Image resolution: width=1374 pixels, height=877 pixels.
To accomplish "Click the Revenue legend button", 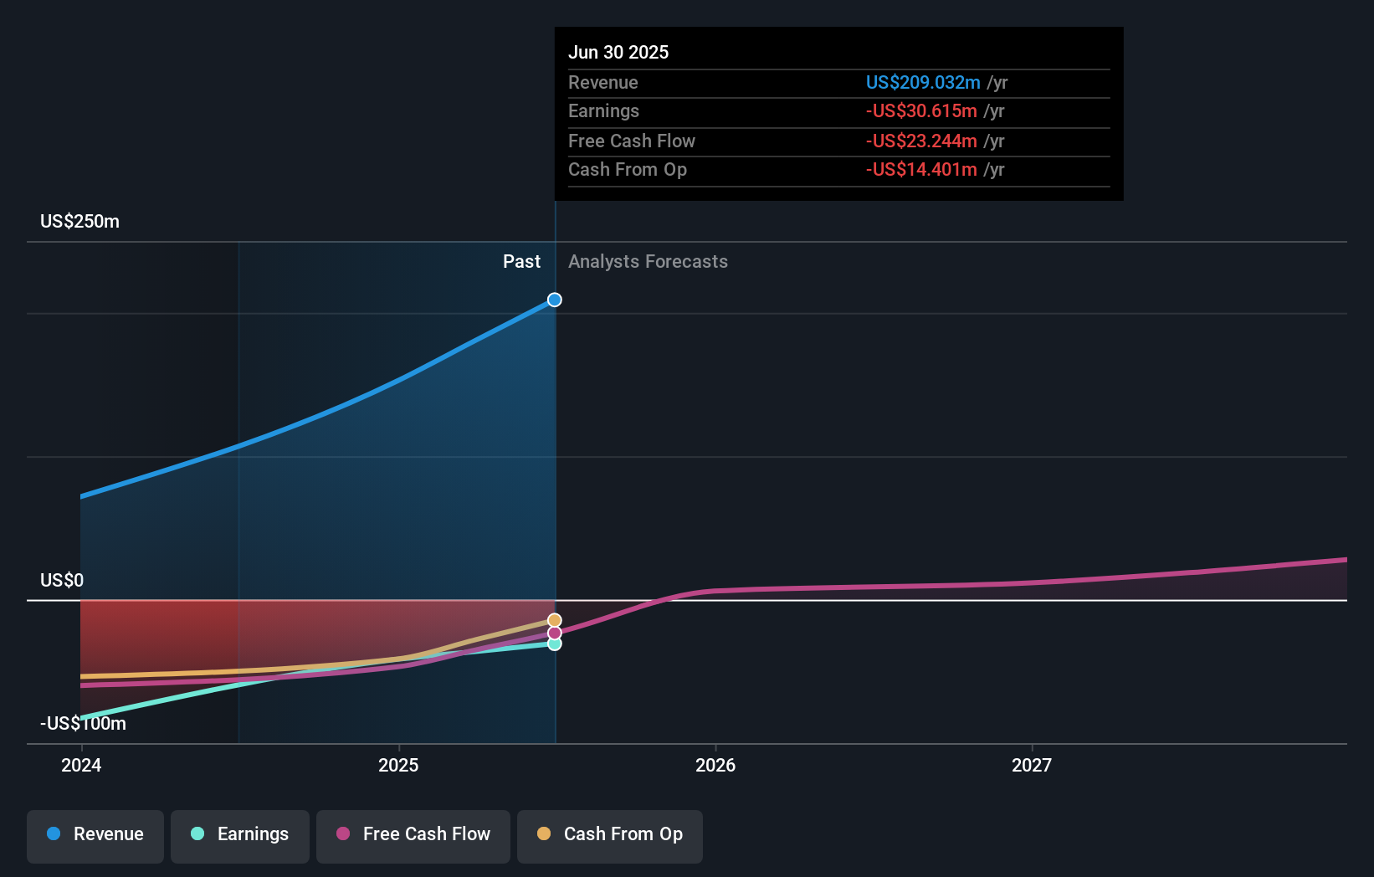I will coord(95,834).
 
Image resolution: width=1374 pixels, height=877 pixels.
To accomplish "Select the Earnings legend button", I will coord(240,834).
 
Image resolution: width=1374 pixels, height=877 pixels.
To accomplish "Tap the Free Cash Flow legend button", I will coord(413,834).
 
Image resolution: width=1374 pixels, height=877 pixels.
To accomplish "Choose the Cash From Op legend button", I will coord(610,834).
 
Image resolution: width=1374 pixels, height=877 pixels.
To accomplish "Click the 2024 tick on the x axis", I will coord(81,765).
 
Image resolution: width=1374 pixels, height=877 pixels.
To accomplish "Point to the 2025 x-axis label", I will coord(398,765).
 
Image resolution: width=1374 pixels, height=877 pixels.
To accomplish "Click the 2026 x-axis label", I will coord(715,765).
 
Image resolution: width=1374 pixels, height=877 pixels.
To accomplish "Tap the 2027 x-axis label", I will coord(1032,765).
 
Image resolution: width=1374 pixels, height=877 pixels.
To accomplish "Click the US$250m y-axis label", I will coord(79,222).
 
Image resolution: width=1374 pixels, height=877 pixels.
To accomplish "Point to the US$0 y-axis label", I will coord(62,581).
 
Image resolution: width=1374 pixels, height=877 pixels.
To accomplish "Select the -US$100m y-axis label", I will coord(83,724).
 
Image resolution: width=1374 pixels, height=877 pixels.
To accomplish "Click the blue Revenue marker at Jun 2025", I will coord(555,300).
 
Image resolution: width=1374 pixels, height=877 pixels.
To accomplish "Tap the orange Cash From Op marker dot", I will coord(555,620).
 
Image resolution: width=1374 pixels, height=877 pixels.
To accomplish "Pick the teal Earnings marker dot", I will coord(555,644).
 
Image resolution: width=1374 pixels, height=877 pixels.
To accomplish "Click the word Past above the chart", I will coord(521,262).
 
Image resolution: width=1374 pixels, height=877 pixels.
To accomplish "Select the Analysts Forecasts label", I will coord(648,262).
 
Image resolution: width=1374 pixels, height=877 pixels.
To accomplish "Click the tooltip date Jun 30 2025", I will coord(618,52).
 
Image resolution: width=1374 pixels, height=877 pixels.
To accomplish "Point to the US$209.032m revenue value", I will coord(923,83).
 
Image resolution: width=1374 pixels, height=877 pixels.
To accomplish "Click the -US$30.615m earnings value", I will coord(921,111).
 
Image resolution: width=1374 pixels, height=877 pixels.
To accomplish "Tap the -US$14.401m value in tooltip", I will coord(921,170).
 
